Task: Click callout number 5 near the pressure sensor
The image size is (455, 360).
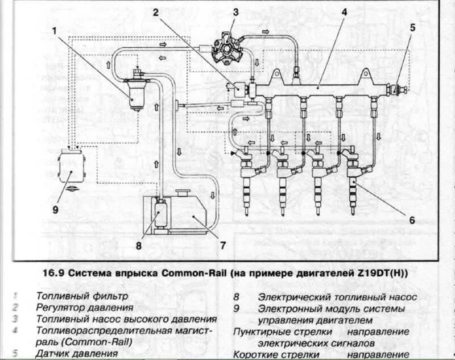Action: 413,27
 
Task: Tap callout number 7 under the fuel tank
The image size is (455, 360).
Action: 223,246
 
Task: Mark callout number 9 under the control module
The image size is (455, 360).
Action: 55,209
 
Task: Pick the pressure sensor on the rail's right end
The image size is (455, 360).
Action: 396,90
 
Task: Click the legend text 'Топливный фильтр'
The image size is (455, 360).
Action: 82,296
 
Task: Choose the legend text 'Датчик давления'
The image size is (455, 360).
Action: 77,353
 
